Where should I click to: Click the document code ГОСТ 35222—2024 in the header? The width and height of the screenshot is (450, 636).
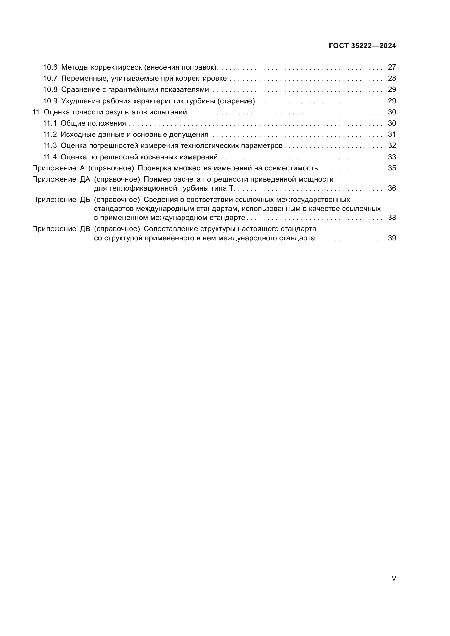362,46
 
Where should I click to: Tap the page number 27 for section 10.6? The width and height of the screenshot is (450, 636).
392,67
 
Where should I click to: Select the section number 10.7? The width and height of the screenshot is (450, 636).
50,78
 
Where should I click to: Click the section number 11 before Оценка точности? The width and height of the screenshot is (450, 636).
36,112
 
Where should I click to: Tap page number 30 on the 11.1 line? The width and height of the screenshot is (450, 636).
392,123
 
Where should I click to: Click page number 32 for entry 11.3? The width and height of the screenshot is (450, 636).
392,146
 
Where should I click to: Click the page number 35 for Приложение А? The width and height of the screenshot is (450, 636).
392,168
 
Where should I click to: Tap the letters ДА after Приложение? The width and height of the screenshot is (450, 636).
85,179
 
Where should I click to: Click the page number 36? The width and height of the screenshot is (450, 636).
392,188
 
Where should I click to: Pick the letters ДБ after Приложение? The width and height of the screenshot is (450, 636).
85,200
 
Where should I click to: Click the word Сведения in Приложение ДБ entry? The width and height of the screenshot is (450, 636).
159,200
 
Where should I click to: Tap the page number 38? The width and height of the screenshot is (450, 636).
392,218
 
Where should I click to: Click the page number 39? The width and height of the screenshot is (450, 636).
392,238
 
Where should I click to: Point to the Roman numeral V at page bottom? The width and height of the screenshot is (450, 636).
394,579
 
